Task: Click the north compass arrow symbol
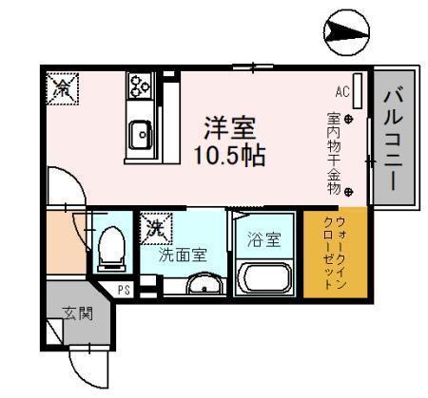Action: tap(347, 32)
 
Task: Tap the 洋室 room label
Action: tap(229, 128)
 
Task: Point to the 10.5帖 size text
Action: tap(229, 156)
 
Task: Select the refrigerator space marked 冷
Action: tap(62, 88)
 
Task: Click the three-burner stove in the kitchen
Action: tap(140, 85)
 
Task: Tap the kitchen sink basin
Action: tap(141, 135)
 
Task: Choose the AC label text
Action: tap(342, 92)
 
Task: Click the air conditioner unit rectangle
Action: tap(358, 91)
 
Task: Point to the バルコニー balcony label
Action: tap(394, 139)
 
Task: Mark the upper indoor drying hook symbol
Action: tap(348, 120)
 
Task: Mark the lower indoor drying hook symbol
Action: tap(348, 192)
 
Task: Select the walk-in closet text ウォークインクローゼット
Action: tap(334, 253)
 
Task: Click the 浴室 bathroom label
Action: tap(264, 240)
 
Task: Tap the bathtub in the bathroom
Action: tap(264, 279)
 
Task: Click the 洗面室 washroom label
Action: tap(183, 255)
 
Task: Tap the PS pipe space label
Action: tap(124, 290)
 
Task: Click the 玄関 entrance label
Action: tap(77, 313)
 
